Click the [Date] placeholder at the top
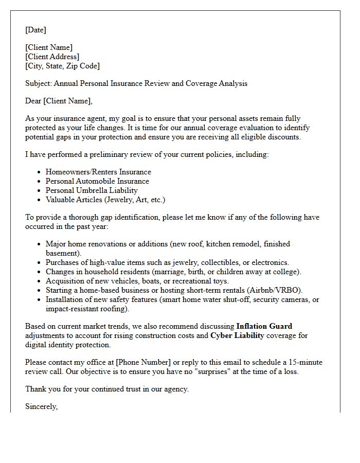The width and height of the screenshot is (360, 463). tap(35, 30)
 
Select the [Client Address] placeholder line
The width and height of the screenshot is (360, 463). tap(52, 57)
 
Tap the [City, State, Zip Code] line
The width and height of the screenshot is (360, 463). tap(62, 66)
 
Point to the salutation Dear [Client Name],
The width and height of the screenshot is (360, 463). tap(59, 101)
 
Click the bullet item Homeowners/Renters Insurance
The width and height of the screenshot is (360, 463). tap(98, 172)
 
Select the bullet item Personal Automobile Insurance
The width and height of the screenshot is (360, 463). tap(97, 181)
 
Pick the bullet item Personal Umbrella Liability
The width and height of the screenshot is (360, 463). tap(92, 190)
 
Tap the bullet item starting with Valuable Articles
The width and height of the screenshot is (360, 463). tap(105, 200)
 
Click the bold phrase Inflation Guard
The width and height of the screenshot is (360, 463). tap(264, 326)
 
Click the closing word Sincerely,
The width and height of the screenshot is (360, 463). tap(41, 406)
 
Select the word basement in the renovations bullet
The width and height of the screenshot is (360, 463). tap(62, 253)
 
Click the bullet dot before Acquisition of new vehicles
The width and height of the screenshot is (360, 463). tap(39, 281)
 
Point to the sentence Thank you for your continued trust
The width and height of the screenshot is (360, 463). tap(107, 389)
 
